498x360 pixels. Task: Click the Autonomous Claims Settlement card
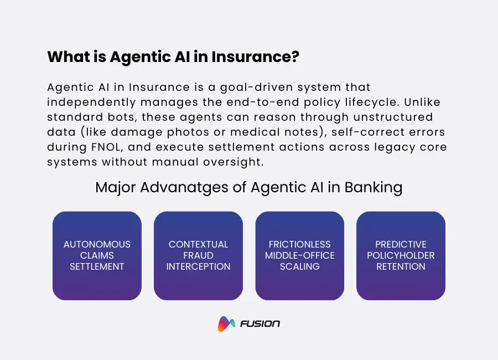click(97, 255)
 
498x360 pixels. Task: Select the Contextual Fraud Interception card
click(198, 255)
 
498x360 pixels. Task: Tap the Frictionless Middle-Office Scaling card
click(299, 255)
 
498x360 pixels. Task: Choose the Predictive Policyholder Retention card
click(401, 255)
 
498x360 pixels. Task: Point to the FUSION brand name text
click(260, 324)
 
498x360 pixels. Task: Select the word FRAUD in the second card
click(198, 255)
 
